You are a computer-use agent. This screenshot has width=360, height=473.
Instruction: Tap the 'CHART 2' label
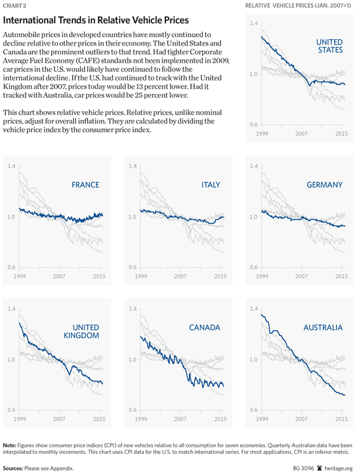pos(15,7)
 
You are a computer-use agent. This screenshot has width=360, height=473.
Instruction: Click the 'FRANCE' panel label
pos(85,185)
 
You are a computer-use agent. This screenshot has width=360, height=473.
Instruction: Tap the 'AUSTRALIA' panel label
pos(322,328)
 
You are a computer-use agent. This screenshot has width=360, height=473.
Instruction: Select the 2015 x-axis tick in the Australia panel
pos(341,419)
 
